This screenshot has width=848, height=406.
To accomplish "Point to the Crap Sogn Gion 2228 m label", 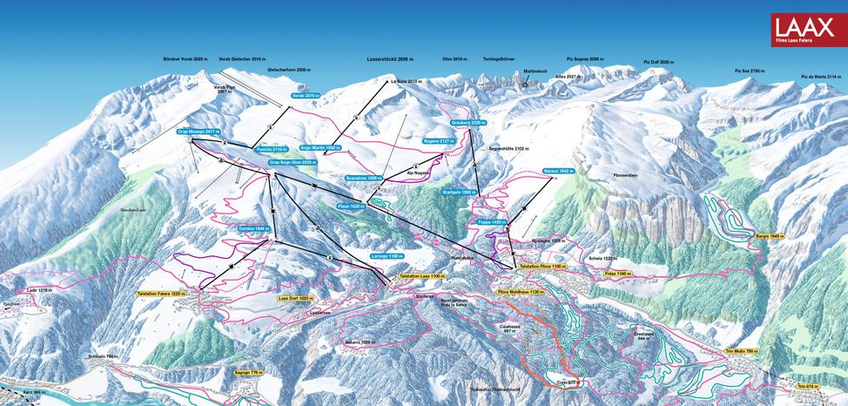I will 292,162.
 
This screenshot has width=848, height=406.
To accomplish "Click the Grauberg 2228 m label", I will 467,123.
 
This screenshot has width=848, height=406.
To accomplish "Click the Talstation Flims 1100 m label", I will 542,266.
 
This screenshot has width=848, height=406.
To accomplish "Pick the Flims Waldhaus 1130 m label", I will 520,293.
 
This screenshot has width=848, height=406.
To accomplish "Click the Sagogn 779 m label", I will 247,372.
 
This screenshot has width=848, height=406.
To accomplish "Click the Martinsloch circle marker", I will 525,85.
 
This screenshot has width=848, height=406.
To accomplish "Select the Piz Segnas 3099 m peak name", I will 584,59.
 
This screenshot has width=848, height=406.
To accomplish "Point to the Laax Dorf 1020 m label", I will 293,299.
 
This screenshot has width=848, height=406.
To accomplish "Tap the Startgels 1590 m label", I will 460,192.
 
